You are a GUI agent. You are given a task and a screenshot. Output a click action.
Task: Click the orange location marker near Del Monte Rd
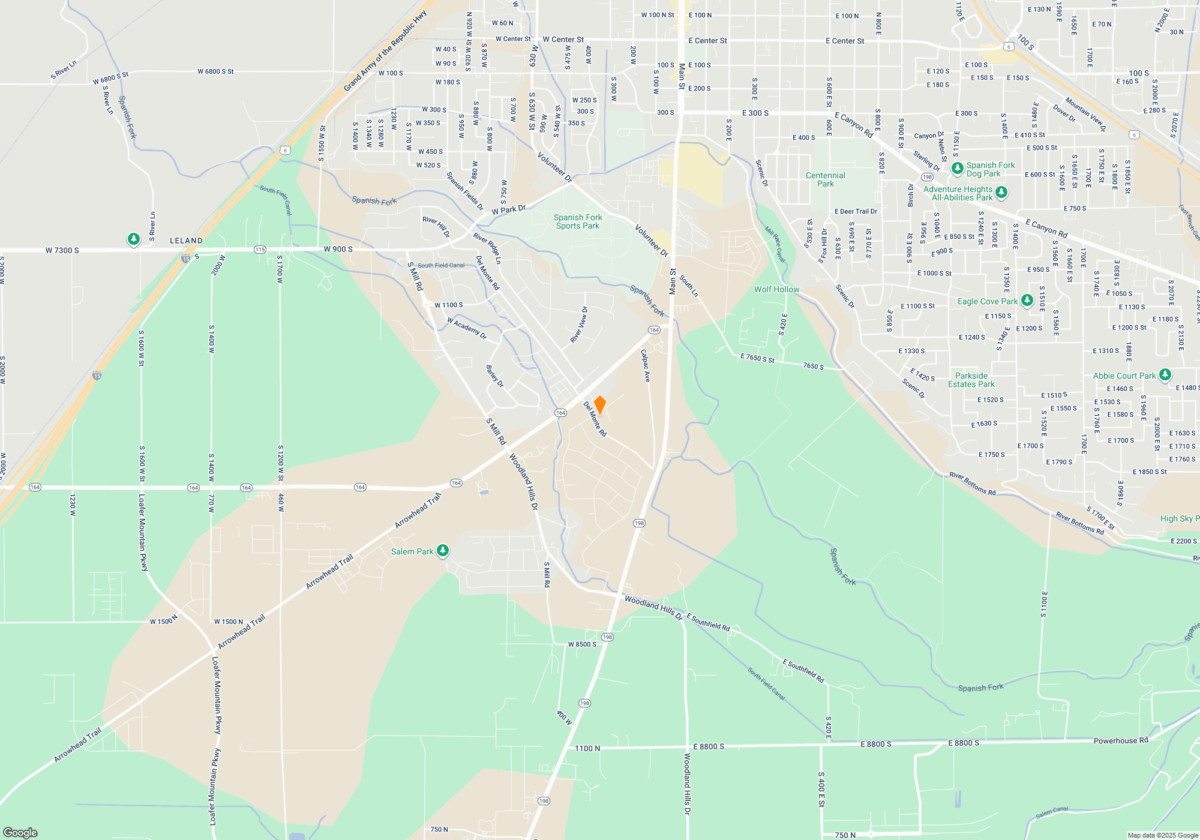coord(599,405)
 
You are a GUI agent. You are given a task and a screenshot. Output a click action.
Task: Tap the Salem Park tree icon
coord(443,551)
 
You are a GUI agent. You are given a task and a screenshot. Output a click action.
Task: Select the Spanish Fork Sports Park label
coord(577,222)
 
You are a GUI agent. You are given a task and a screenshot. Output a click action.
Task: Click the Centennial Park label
coord(825,179)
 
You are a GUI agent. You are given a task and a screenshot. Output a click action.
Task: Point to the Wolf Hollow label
coord(776,289)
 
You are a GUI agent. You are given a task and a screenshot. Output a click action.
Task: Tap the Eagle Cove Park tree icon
coord(1027,300)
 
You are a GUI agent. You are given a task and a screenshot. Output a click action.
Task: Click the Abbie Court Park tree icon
coord(1165,375)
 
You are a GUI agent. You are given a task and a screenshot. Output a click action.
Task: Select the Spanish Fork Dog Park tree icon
coord(958,168)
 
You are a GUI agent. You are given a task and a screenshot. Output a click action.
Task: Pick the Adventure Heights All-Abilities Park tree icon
coord(1001,193)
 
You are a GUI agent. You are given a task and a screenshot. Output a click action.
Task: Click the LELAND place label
coord(186,241)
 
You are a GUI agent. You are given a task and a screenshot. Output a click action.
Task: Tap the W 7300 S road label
coord(62,250)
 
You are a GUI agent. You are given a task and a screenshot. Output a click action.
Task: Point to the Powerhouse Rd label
coord(1120,740)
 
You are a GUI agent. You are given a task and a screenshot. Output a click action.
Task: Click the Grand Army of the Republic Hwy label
coord(385,51)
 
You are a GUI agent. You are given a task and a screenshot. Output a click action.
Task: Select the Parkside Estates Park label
coord(971,380)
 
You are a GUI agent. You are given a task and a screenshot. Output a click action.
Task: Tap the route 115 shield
coord(260,250)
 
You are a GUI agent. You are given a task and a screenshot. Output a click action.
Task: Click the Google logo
coord(20,832)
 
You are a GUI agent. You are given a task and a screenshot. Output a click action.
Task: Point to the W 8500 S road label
coord(582,644)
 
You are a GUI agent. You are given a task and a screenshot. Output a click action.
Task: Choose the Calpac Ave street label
coord(646,365)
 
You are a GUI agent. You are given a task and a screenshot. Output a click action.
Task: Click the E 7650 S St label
coord(757,358)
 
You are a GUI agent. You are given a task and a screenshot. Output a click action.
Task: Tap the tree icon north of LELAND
coord(134,239)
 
